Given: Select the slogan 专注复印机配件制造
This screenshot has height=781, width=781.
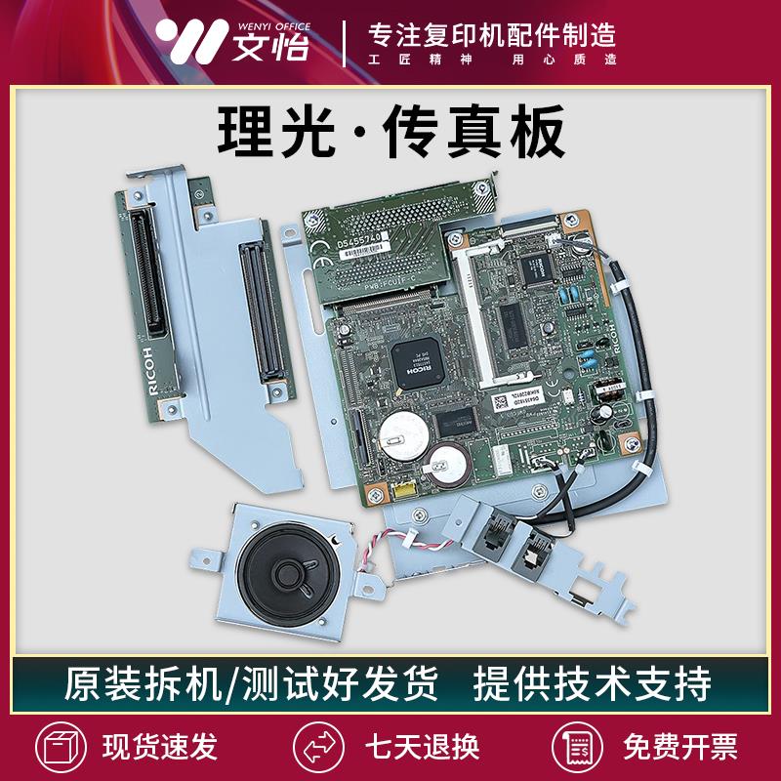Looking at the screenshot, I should coord(491,33).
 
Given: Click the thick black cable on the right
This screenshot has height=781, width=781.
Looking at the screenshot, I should coord(635,361).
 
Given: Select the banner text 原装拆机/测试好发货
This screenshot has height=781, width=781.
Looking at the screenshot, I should coord(251,683).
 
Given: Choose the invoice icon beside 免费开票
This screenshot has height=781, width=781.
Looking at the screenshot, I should coord(572,746).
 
